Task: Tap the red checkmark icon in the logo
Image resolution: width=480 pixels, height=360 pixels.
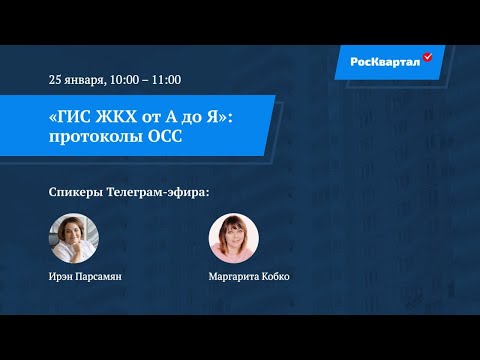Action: [x=428, y=57]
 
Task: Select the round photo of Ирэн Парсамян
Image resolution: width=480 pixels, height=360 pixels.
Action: [x=74, y=238]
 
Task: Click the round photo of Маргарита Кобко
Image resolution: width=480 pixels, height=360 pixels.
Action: [x=233, y=238]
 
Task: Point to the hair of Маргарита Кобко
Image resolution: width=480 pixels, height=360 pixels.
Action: [x=233, y=222]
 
